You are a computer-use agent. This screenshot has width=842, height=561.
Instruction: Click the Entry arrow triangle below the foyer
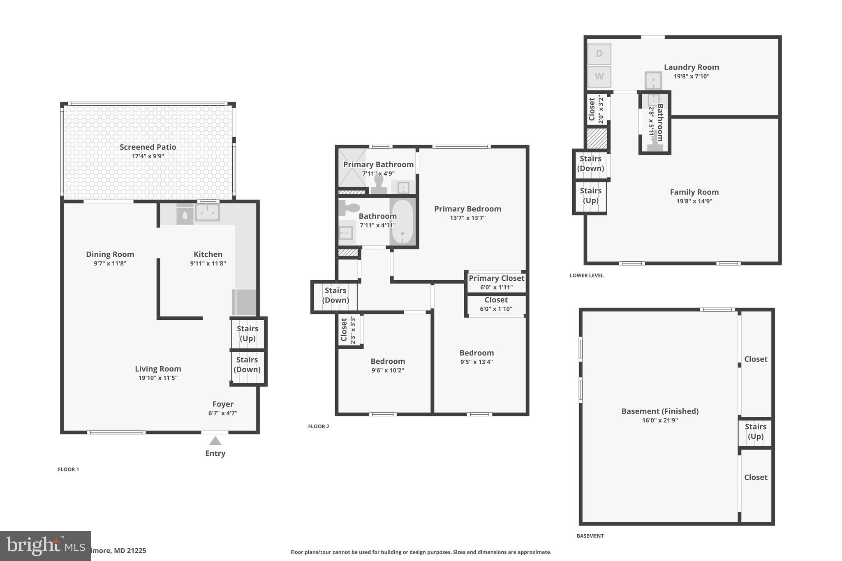click(215, 441)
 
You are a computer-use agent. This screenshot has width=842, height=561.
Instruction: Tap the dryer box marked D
click(599, 54)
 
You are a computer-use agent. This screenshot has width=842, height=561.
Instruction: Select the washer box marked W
click(599, 76)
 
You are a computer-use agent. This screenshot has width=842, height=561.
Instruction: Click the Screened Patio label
click(148, 147)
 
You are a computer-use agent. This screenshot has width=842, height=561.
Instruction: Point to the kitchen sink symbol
click(207, 212)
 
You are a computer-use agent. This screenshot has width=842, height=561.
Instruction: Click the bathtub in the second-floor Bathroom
click(402, 222)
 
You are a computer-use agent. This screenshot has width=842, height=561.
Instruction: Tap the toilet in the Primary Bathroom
click(379, 183)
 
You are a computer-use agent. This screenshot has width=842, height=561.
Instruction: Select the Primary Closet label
click(496, 278)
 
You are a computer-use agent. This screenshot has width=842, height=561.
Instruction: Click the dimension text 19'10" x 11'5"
click(158, 378)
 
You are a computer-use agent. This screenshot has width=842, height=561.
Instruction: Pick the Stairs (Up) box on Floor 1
click(248, 333)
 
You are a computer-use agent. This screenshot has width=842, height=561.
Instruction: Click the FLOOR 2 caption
click(319, 427)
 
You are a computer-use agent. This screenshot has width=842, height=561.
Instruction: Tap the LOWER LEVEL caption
click(586, 275)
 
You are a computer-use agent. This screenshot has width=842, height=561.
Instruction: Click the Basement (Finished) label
click(660, 411)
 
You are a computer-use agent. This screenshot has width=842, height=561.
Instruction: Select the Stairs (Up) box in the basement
click(755, 432)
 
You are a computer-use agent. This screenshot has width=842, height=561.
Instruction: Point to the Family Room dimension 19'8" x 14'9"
click(694, 201)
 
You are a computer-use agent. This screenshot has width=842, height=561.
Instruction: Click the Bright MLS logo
click(45, 546)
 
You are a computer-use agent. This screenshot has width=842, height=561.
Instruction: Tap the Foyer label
click(223, 404)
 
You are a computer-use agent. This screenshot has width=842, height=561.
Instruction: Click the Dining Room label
click(110, 254)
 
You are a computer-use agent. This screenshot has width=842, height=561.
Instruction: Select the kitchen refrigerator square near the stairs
click(244, 302)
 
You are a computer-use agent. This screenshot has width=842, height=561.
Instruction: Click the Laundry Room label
click(691, 67)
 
